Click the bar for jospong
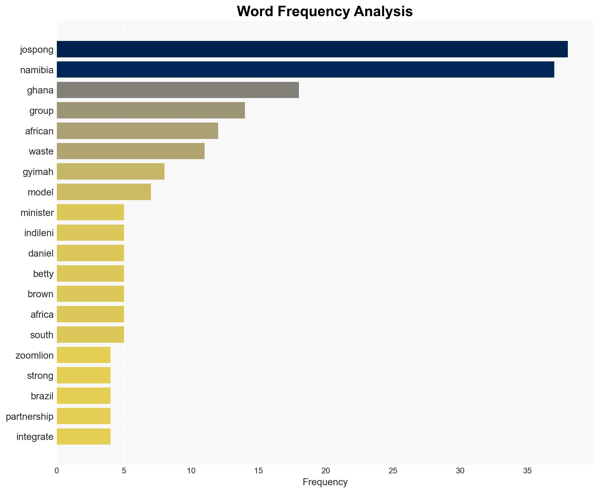click(x=312, y=49)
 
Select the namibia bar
click(x=305, y=70)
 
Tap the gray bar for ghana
click(x=177, y=90)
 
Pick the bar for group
click(x=151, y=110)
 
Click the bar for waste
click(x=130, y=151)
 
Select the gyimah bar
click(x=111, y=172)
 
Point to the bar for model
click(x=104, y=192)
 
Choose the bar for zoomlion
click(x=83, y=355)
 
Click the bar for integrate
click(x=83, y=436)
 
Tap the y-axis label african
click(x=39, y=131)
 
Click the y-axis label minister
click(x=37, y=213)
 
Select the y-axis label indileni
click(x=39, y=233)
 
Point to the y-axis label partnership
click(x=29, y=417)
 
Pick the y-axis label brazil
click(x=42, y=396)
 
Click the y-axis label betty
click(x=43, y=274)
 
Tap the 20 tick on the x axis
click(x=325, y=471)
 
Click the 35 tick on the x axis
click(x=527, y=471)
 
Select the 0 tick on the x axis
click(x=57, y=471)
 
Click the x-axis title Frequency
click(x=325, y=482)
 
